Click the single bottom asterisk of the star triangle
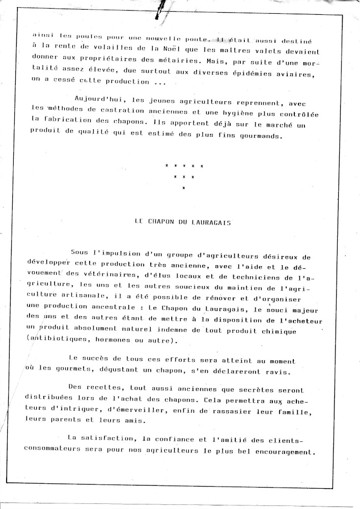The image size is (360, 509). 183,188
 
